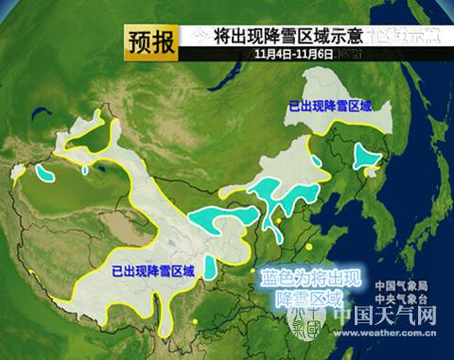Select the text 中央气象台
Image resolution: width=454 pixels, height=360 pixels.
401,300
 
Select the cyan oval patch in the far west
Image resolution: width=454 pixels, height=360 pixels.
44,175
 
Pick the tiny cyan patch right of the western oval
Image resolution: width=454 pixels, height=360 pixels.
86,171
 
